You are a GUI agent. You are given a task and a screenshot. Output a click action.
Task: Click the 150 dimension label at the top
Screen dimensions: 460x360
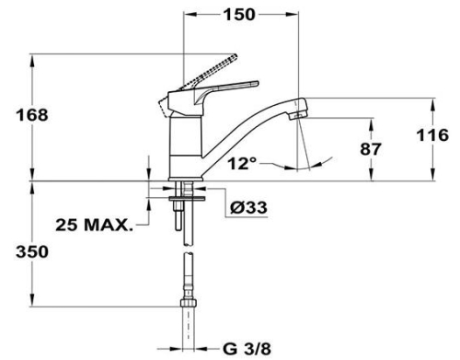tap(239, 15)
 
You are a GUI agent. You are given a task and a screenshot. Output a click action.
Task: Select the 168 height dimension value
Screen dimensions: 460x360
tap(32, 115)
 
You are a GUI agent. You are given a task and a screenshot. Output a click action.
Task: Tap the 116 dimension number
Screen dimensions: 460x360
tap(432, 135)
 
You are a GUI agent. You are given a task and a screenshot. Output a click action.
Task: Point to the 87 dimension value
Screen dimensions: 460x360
tap(371, 149)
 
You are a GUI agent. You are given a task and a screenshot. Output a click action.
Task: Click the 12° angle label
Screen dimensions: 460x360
tap(242, 163)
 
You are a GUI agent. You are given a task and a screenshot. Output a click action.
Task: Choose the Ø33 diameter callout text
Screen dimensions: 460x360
tap(249, 208)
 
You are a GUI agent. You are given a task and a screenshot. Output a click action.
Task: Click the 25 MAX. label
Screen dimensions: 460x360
tap(95, 225)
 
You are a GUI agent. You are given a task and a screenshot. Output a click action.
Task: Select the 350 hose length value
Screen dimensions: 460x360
tap(32, 252)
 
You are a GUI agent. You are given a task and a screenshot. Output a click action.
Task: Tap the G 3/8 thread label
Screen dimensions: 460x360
tap(247, 349)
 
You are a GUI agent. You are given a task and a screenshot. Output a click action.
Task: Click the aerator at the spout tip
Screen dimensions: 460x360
tap(298, 116)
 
